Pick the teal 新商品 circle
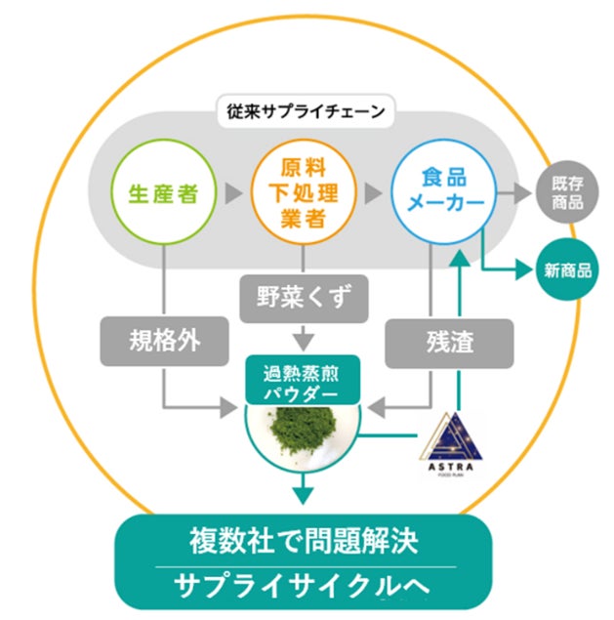(568, 270)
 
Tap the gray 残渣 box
(449, 342)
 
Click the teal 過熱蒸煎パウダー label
(302, 382)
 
